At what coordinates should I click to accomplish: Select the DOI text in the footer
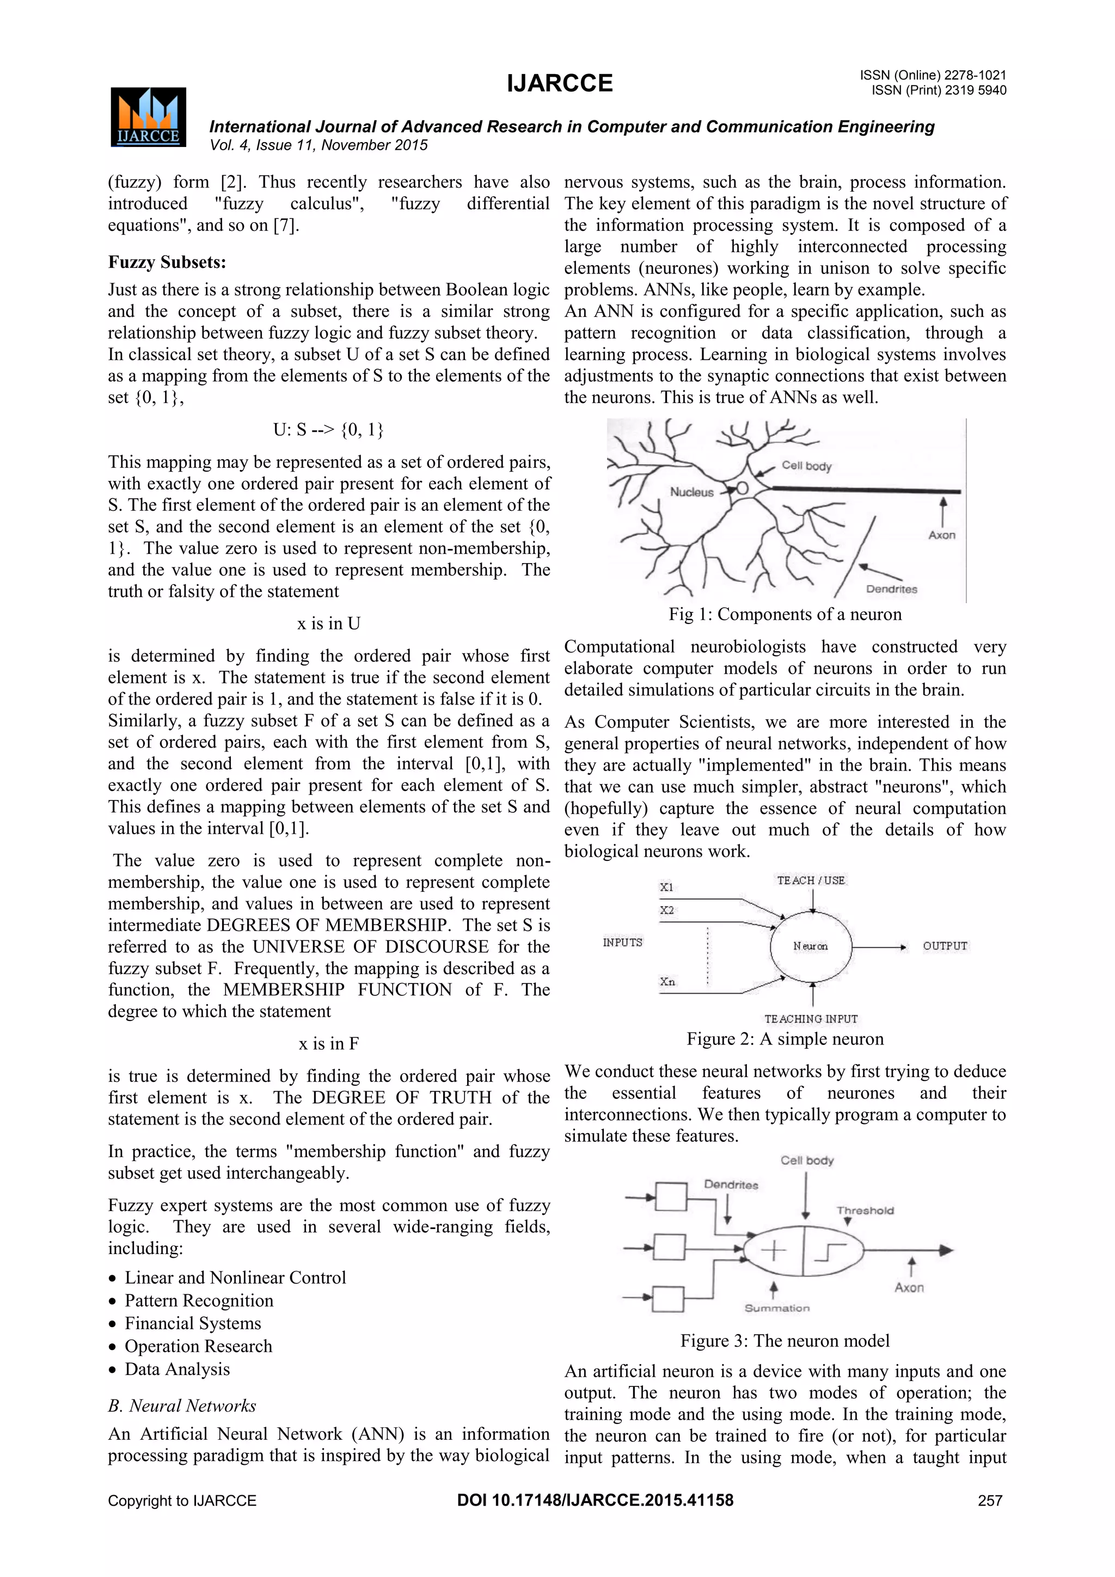595,1500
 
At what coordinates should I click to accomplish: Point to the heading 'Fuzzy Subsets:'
167,262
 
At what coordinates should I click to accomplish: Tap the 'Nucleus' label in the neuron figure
691,492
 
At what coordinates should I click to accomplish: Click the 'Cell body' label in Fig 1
806,466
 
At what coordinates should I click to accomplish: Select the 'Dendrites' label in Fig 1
891,589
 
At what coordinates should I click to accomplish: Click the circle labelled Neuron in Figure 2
811,946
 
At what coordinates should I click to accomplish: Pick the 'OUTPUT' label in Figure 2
945,946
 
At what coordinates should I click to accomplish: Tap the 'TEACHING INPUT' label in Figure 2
811,1019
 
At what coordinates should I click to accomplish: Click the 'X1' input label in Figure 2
666,887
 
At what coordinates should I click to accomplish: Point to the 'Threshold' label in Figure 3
865,1210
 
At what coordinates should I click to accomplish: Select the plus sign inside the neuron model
773,1251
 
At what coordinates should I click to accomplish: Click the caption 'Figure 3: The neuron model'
785,1341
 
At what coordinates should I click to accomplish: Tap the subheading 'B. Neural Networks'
182,1405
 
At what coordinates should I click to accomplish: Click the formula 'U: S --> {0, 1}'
328,429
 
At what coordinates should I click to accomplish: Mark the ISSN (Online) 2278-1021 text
933,75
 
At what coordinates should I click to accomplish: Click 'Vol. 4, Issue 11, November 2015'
318,145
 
